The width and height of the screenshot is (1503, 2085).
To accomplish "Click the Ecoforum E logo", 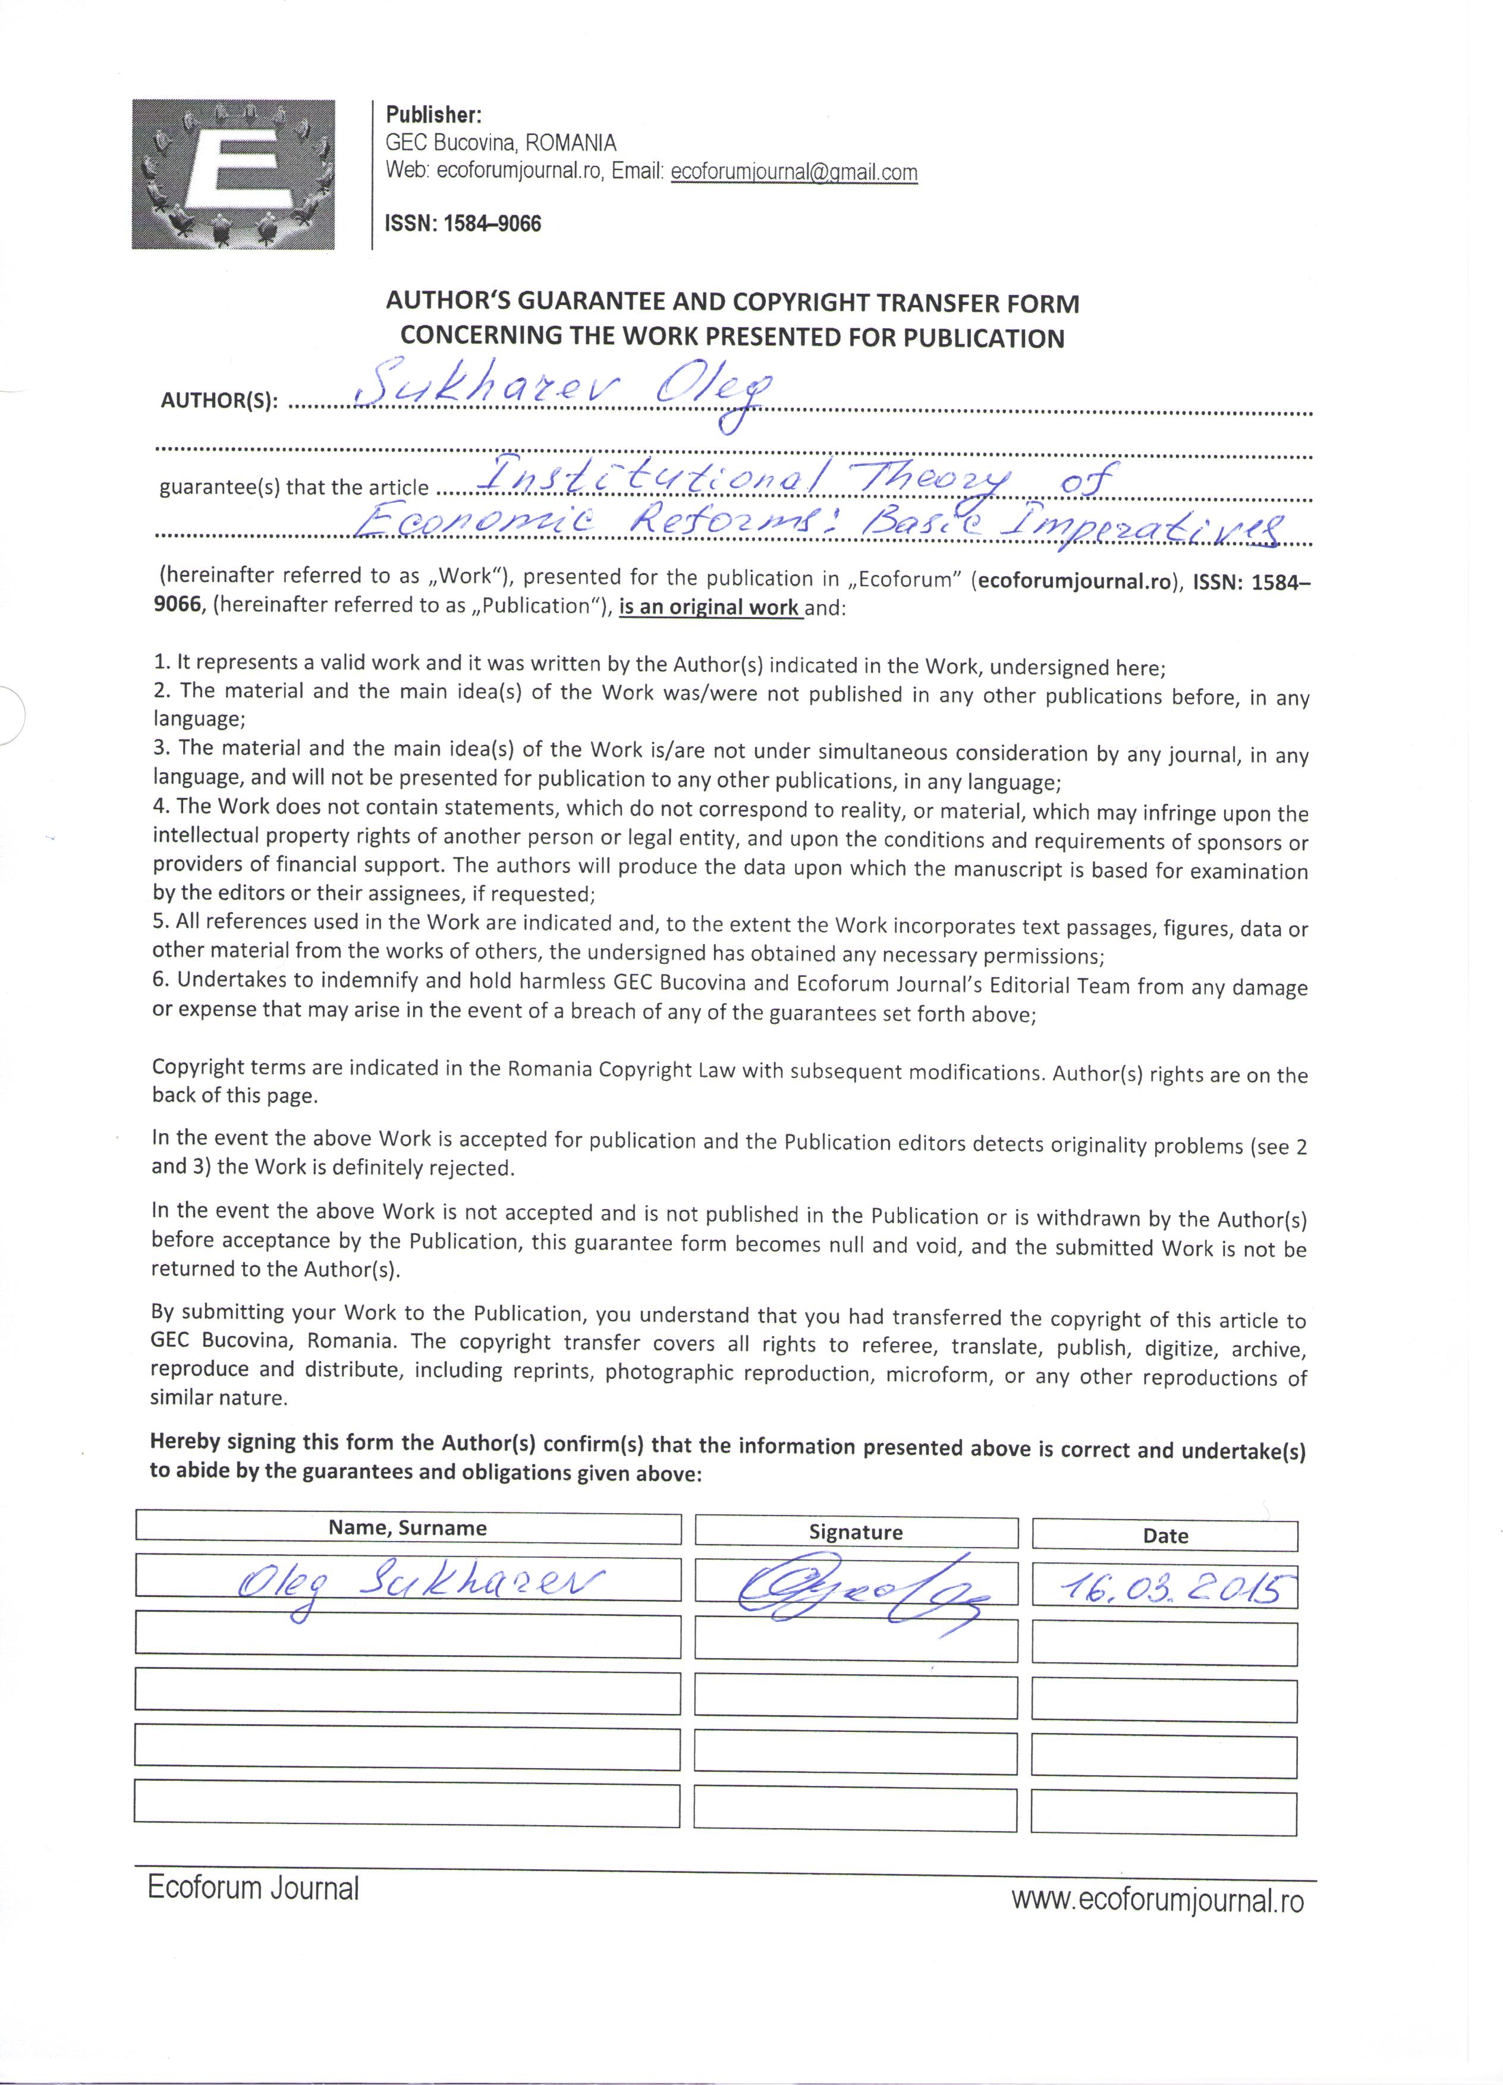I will click(232, 174).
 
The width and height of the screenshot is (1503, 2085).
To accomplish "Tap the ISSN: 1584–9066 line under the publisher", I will click(463, 224).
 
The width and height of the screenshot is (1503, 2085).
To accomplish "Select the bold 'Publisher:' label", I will click(433, 115).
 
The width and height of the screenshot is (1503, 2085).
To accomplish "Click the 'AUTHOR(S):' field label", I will click(219, 402).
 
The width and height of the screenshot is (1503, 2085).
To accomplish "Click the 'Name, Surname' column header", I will click(407, 1528).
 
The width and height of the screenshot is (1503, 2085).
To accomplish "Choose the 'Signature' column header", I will click(855, 1531).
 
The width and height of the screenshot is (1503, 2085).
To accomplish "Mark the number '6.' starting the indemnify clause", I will click(161, 980).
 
